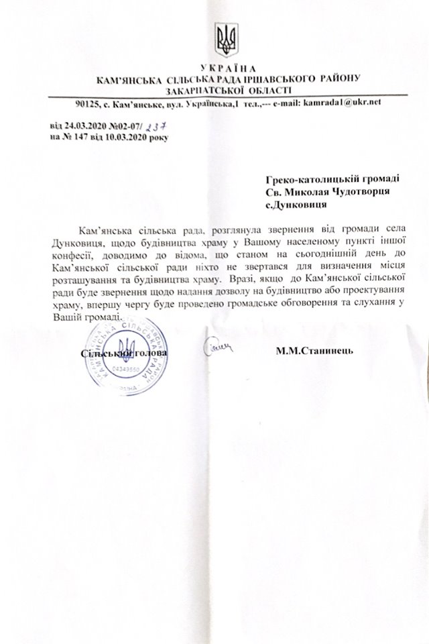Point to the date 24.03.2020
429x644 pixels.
pyautogui.click(x=82, y=125)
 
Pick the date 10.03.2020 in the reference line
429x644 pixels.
pyautogui.click(x=121, y=137)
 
